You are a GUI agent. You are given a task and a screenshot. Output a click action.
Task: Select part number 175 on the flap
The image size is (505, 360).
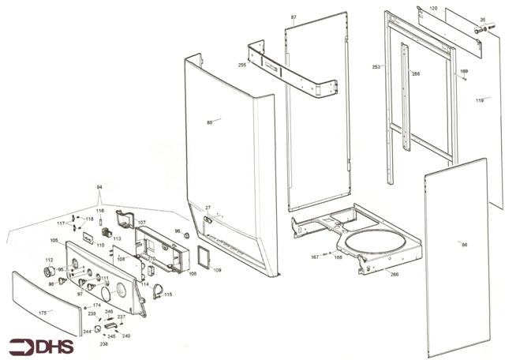pos(44,313)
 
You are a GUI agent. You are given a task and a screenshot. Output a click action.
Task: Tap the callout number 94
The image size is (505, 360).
pos(99,186)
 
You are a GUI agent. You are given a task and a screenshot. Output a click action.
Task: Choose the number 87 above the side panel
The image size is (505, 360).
pos(294,17)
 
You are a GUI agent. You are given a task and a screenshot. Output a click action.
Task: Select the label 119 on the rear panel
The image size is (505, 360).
pos(479,100)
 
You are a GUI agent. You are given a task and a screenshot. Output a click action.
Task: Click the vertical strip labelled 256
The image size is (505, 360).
pos(405,103)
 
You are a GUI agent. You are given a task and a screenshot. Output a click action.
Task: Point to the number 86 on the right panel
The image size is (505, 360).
pos(464,245)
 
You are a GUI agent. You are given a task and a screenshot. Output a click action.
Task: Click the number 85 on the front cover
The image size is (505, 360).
pos(210,122)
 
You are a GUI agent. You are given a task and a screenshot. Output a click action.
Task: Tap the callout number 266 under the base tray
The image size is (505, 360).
pos(394,274)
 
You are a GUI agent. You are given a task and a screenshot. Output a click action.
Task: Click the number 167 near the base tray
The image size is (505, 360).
pos(314,257)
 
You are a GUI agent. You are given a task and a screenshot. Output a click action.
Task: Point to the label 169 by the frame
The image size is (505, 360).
pos(463,72)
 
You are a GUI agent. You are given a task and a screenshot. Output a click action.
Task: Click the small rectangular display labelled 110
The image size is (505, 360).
pos(88,234)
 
